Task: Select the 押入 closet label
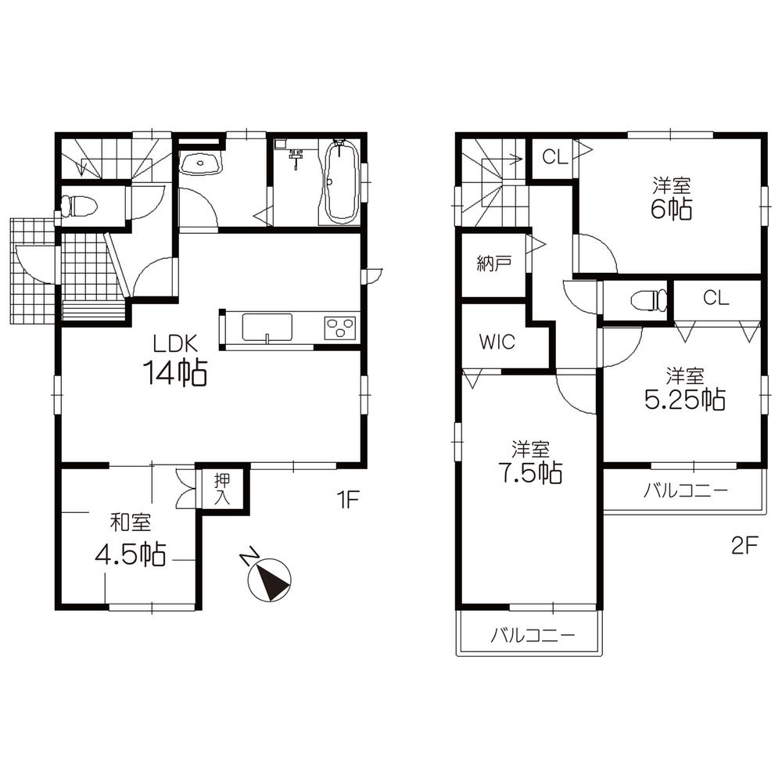pyautogui.click(x=223, y=489)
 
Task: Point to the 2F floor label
pyautogui.click(x=744, y=546)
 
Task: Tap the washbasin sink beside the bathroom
pyautogui.click(x=201, y=163)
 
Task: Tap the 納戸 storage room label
pyautogui.click(x=494, y=264)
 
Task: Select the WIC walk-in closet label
pyautogui.click(x=497, y=343)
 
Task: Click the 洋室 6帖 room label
pyautogui.click(x=673, y=199)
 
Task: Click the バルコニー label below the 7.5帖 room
pyautogui.click(x=533, y=635)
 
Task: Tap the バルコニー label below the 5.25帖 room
pyautogui.click(x=686, y=491)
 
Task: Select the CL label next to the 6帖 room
pyautogui.click(x=554, y=157)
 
